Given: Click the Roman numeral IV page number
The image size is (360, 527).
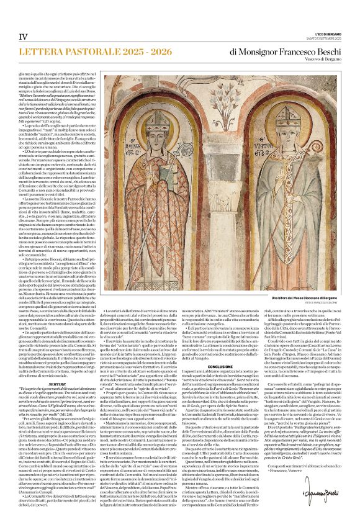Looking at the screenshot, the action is point(23,37).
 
